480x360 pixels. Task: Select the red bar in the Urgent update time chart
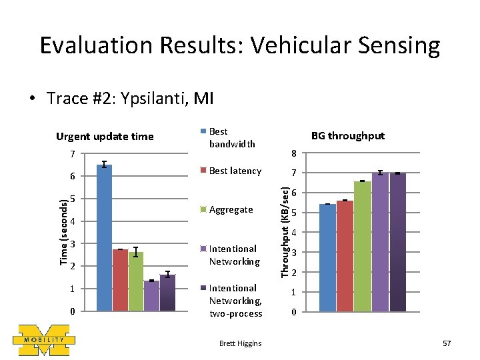tap(121, 280)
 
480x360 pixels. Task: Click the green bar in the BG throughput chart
tap(362, 246)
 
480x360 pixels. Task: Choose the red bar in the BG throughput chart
tap(345, 256)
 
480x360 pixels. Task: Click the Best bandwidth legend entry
tap(227, 137)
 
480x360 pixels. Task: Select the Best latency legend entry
tap(234, 171)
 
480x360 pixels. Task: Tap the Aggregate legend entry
tap(230, 209)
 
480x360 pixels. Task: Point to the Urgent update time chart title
tap(105, 137)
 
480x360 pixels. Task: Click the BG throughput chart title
tap(348, 135)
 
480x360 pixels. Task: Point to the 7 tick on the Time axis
tap(73, 154)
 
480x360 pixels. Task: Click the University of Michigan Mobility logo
tap(44, 339)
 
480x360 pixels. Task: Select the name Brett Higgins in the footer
tap(240, 343)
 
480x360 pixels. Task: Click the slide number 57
tap(446, 343)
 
